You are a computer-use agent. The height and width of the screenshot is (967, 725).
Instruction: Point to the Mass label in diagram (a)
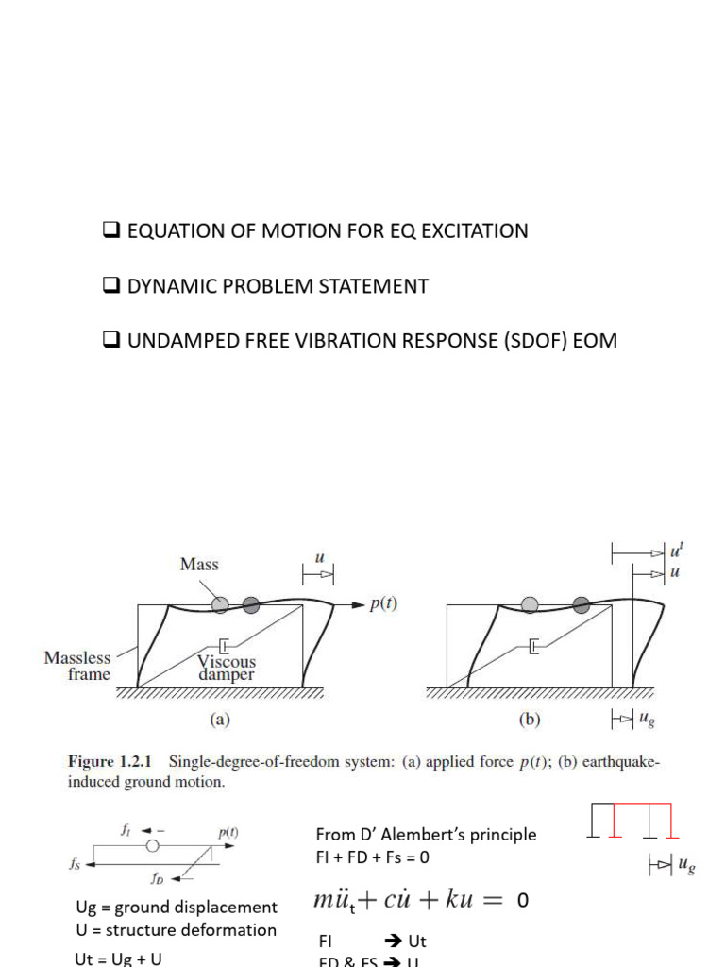[198, 565]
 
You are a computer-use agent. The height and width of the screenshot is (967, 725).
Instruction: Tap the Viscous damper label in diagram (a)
[227, 669]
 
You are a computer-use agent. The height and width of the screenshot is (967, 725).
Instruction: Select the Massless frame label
[77, 666]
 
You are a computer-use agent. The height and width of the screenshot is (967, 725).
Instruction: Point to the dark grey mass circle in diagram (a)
[250, 605]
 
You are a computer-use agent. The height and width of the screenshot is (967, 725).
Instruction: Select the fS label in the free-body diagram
[76, 862]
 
